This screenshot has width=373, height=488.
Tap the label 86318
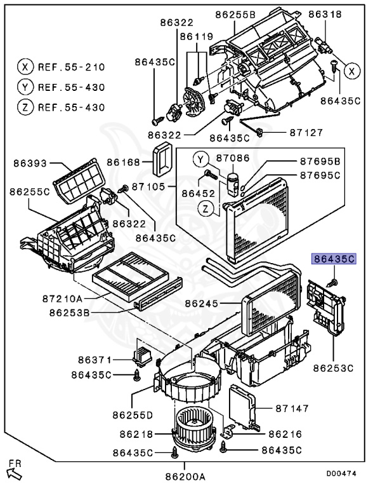coord(325,13)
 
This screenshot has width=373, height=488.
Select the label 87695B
coord(320,162)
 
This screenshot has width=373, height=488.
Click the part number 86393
coord(30,163)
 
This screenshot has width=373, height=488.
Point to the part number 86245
coord(202,304)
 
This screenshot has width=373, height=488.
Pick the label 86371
coord(95,360)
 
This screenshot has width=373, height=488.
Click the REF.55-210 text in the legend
coord(71,66)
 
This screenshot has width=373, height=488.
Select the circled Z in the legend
coord(24,107)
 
